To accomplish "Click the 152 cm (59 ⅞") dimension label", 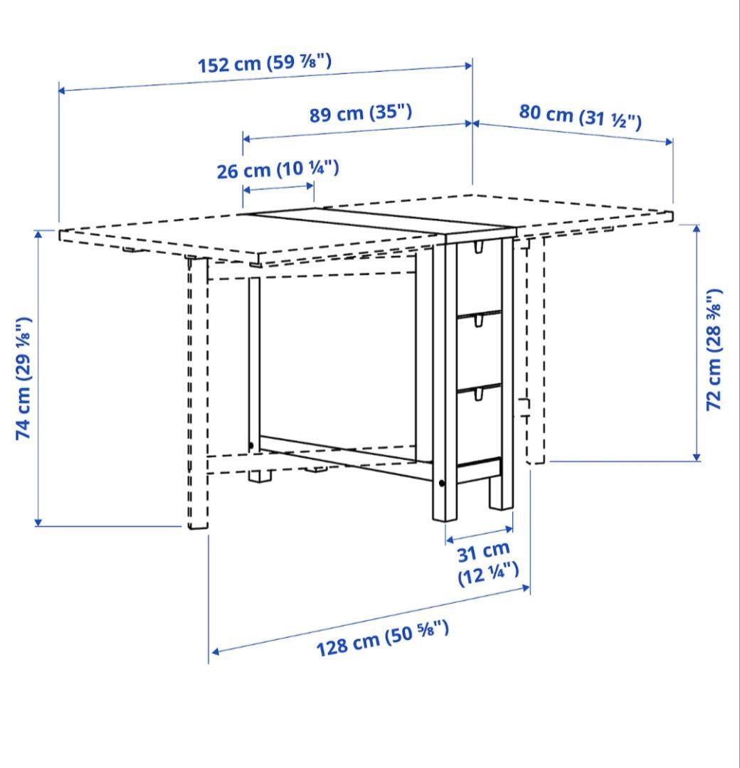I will click(264, 63).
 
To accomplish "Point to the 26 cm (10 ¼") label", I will click(277, 169).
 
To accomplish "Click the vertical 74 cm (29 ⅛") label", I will click(24, 377).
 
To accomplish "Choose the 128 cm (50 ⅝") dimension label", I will click(382, 637).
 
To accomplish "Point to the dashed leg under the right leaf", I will click(535, 348).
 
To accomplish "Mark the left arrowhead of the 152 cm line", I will click(62, 90).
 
